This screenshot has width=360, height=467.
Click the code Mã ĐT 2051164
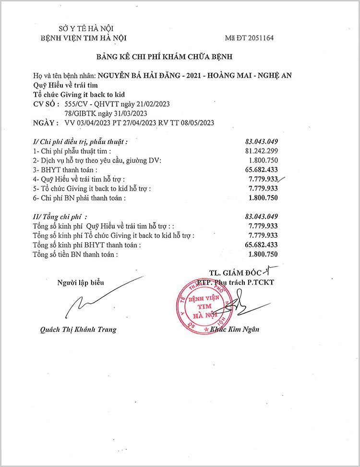click(249, 38)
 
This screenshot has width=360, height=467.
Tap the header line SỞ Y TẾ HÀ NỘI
click(79, 29)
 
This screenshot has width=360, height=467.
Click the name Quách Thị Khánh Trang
click(78, 330)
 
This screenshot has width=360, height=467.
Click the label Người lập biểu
click(81, 283)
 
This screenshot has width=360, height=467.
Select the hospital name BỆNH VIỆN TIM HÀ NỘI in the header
click(84, 38)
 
